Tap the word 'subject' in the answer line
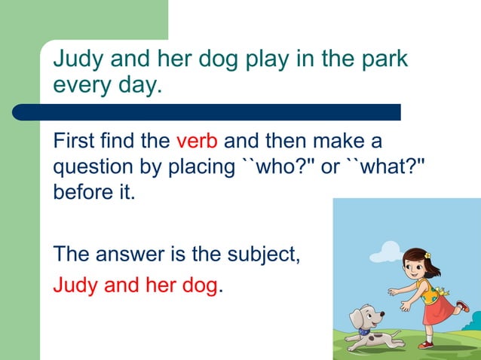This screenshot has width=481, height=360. click(262, 254)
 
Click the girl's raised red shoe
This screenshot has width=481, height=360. click(462, 306)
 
